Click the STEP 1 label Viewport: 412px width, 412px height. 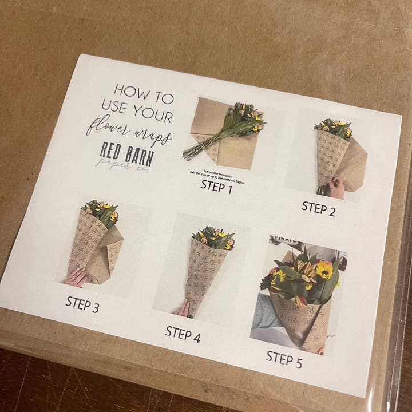216,185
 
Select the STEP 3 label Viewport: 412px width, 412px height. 82,303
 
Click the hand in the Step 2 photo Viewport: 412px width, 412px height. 336,187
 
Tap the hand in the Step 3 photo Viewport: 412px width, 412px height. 75,277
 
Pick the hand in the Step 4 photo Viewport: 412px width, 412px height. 183,309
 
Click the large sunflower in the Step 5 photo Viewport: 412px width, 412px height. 324,269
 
